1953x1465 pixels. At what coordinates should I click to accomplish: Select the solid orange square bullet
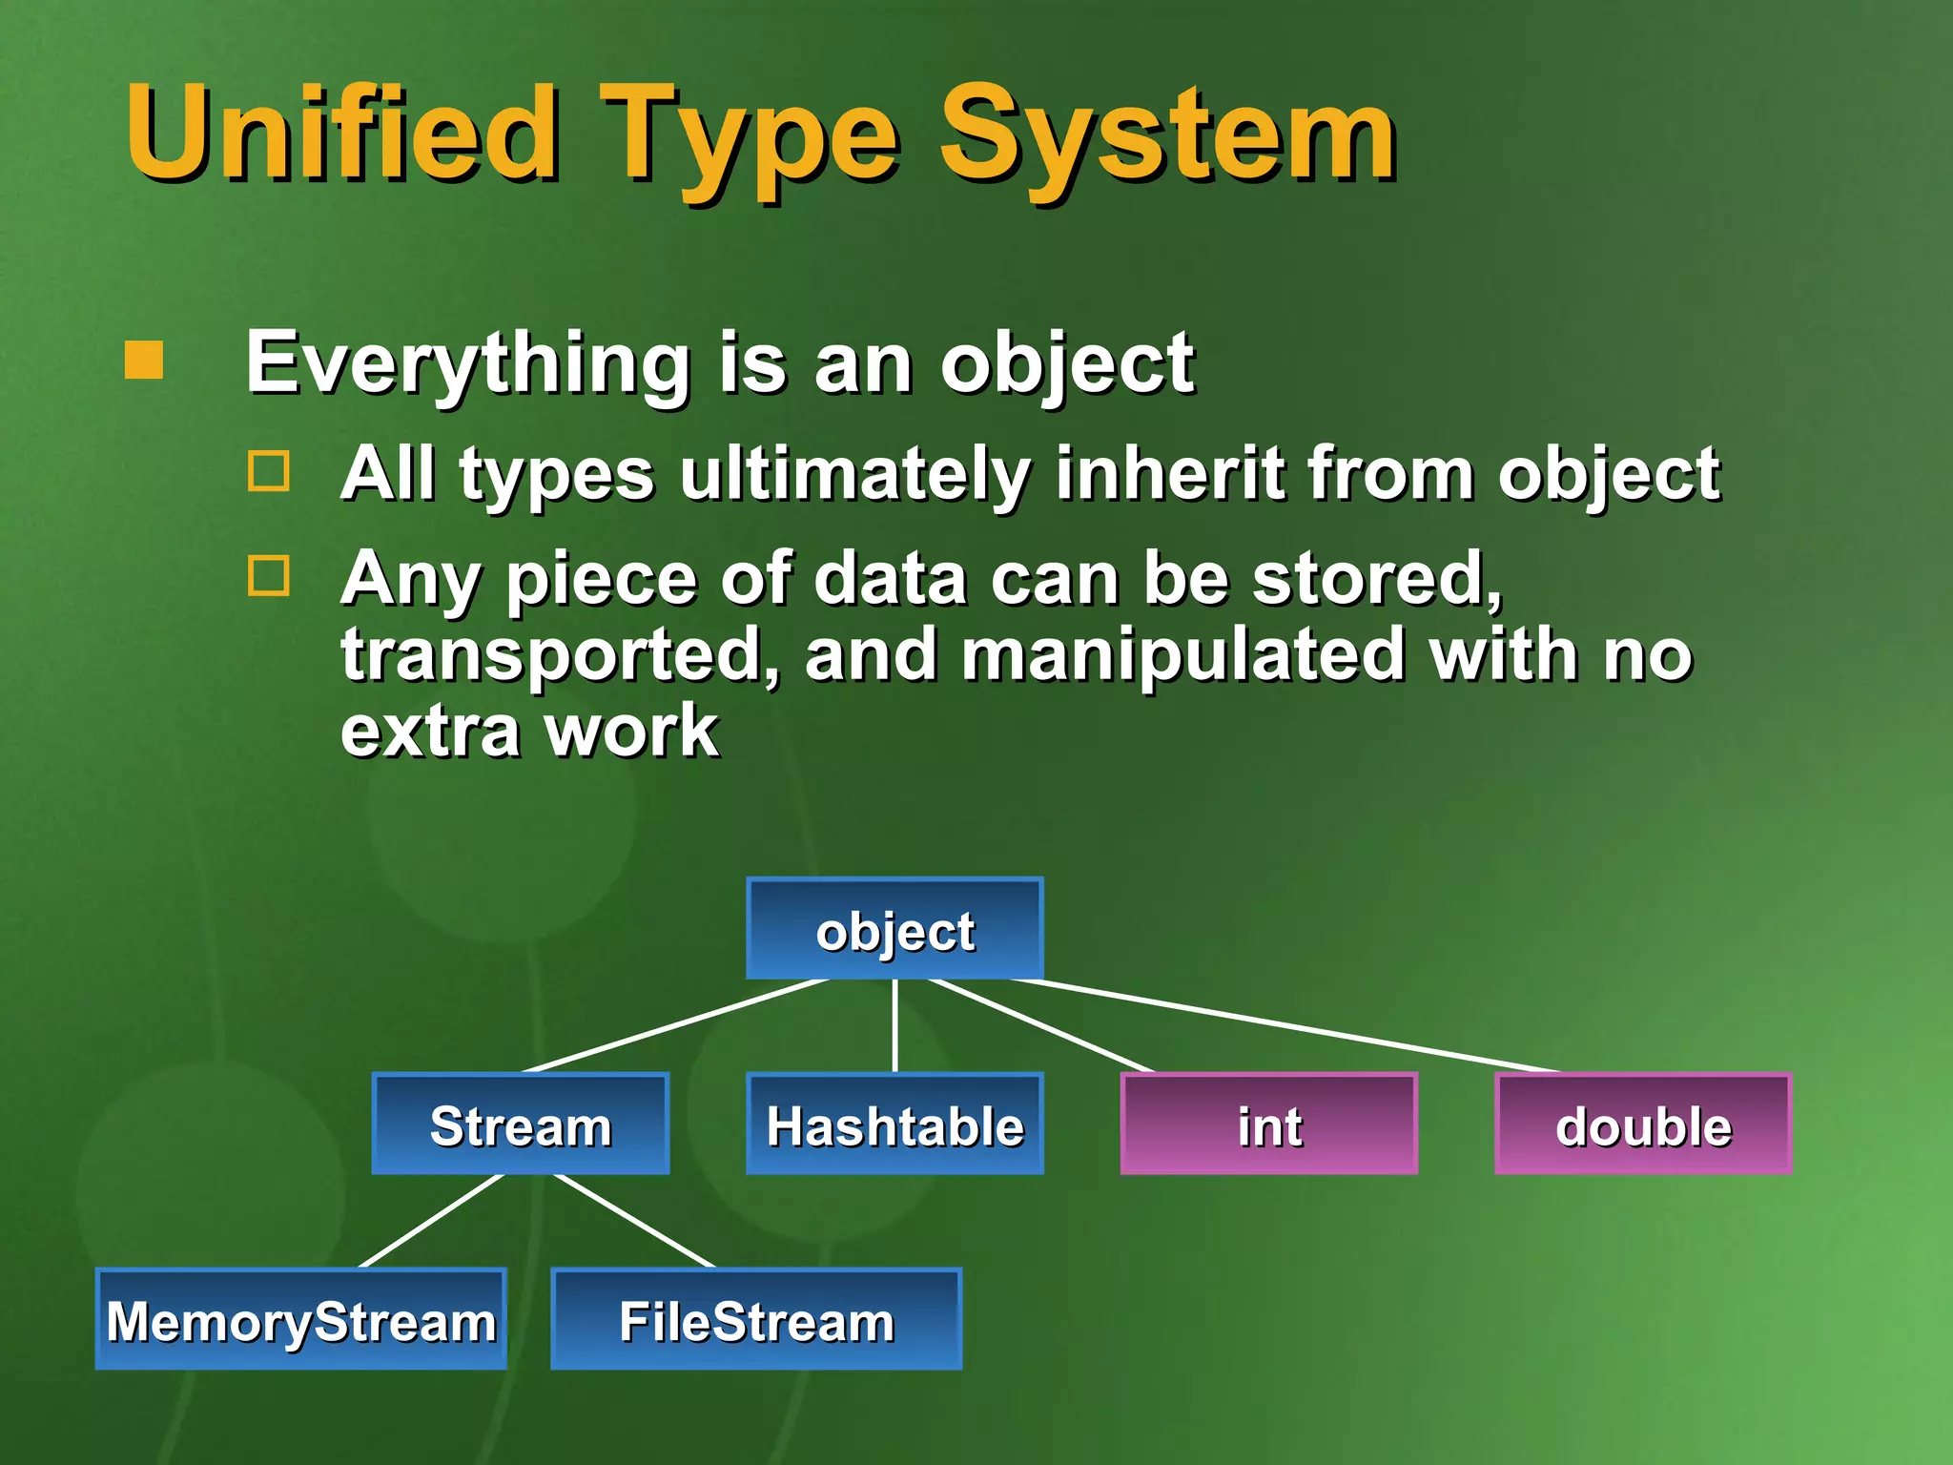(144, 361)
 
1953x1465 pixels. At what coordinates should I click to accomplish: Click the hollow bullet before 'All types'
(268, 471)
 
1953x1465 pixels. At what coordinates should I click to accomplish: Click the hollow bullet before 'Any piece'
(268, 576)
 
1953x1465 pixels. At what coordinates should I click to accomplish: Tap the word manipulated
(1182, 655)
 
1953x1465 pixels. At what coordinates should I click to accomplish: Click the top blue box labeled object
(894, 929)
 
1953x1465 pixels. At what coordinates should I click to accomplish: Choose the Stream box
(521, 1124)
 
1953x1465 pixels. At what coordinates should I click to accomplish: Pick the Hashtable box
(894, 1124)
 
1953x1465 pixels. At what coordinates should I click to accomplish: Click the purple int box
(1268, 1124)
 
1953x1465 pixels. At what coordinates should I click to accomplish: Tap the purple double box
(1643, 1124)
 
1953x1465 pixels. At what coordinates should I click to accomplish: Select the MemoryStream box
(301, 1319)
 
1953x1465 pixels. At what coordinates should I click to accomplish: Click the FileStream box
(756, 1319)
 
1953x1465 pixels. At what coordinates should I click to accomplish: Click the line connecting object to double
(1287, 1025)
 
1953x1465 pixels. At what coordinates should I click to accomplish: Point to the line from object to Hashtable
(894, 1025)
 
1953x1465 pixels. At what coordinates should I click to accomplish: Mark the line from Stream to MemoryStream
(431, 1221)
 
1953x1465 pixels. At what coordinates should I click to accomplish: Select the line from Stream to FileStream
(634, 1221)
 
